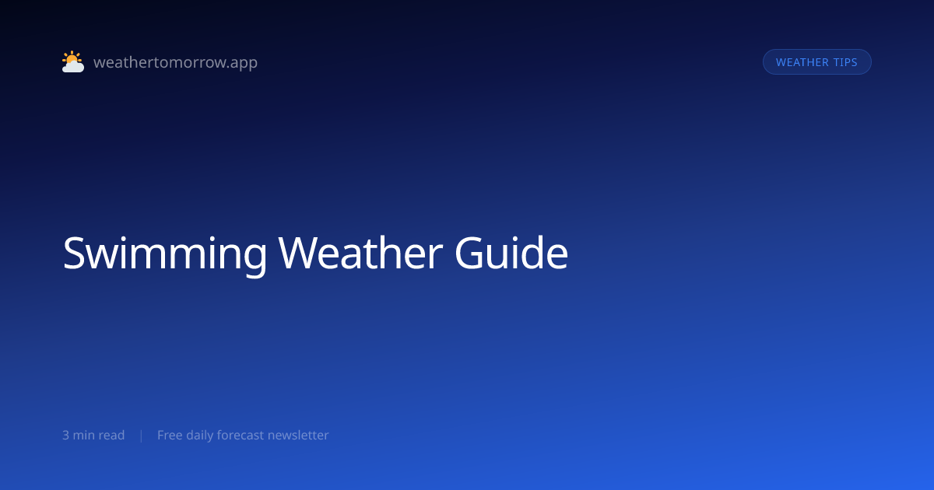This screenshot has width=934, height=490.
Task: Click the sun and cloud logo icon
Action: click(x=73, y=61)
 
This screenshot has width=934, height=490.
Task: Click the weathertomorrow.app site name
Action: click(x=176, y=62)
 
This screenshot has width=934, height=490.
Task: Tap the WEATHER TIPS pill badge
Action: click(x=816, y=62)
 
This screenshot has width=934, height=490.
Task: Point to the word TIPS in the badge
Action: click(x=845, y=62)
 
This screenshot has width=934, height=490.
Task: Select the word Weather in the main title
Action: click(x=360, y=253)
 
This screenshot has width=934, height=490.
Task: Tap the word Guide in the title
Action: click(x=511, y=253)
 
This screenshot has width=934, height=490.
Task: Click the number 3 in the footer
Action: click(x=65, y=435)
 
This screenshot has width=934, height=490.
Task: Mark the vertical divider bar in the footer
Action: click(x=142, y=436)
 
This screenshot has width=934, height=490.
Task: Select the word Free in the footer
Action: click(x=170, y=435)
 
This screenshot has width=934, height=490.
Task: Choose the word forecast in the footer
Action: click(x=241, y=435)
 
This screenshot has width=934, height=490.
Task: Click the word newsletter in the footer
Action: click(x=299, y=435)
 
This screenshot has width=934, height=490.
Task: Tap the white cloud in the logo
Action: click(x=73, y=66)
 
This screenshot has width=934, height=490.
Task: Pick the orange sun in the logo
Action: click(x=72, y=58)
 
